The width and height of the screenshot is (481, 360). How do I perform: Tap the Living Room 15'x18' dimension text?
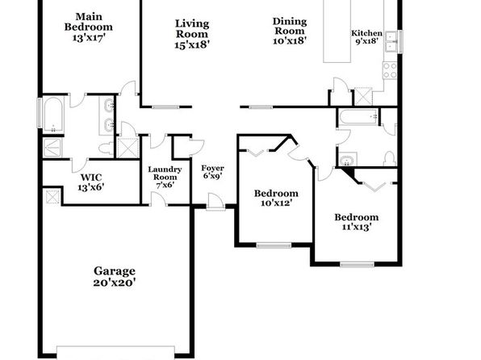pyautogui.click(x=192, y=44)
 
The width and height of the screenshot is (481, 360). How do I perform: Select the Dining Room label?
pyautogui.click(x=290, y=26)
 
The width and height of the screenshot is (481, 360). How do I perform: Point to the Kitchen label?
pyautogui.click(x=366, y=33)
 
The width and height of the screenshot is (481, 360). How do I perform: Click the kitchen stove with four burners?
pyautogui.click(x=390, y=70)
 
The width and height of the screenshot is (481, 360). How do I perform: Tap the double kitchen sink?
pyautogui.click(x=391, y=42)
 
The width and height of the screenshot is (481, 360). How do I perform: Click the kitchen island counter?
pyautogui.click(x=337, y=31)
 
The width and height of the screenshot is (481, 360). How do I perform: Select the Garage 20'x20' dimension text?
pyautogui.click(x=115, y=283)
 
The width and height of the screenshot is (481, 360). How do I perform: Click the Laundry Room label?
pyautogui.click(x=165, y=173)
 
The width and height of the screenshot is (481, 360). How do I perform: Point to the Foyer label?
pyautogui.click(x=212, y=168)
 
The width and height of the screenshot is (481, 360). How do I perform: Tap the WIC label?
pyautogui.click(x=91, y=177)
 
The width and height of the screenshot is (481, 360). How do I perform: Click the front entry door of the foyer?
pyautogui.click(x=215, y=202)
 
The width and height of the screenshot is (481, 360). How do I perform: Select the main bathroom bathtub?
pyautogui.click(x=53, y=114)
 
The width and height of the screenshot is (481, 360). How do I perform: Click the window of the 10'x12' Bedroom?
pyautogui.click(x=274, y=245)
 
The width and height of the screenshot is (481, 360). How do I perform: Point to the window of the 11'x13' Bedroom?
pyautogui.click(x=357, y=264)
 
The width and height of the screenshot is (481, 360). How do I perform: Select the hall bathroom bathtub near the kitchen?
pyautogui.click(x=358, y=116)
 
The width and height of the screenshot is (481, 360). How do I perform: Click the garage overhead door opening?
pyautogui.click(x=116, y=353)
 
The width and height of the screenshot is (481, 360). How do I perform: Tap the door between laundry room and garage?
pyautogui.click(x=159, y=199)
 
